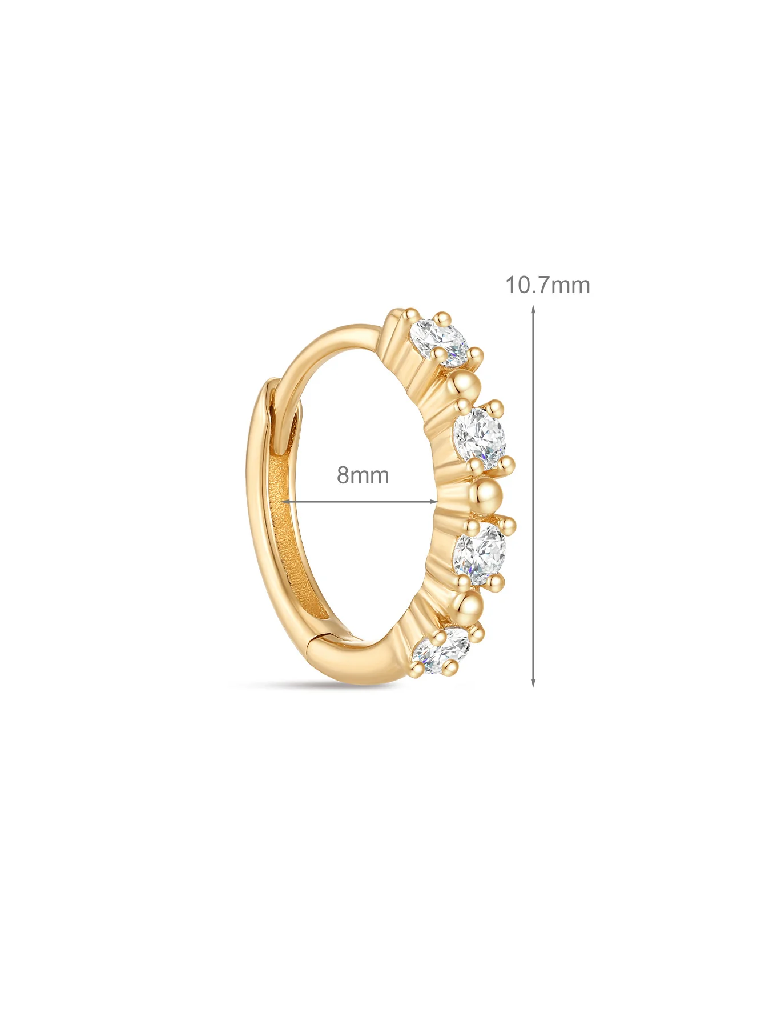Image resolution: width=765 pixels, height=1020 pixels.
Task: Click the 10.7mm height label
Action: [x=547, y=285]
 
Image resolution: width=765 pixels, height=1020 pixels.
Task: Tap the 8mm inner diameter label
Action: [x=363, y=475]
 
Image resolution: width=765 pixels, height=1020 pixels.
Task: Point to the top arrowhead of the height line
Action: [x=533, y=310]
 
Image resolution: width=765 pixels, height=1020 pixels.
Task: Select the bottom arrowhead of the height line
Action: [x=533, y=682]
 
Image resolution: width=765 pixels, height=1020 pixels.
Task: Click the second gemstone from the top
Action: [x=481, y=438]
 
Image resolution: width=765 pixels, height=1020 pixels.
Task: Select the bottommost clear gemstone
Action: [x=441, y=650]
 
